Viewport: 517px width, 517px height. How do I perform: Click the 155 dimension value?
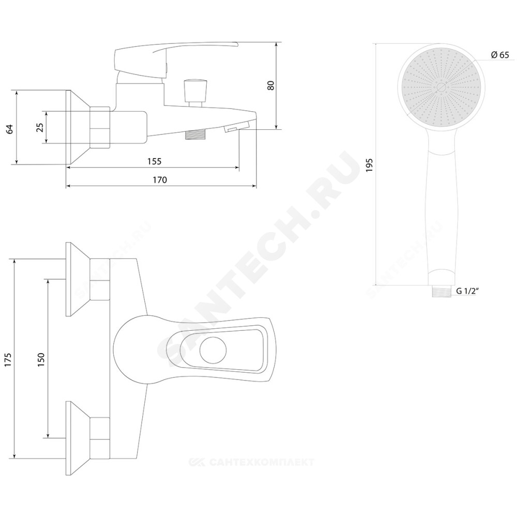[154, 161]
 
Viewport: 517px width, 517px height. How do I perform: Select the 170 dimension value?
[160, 180]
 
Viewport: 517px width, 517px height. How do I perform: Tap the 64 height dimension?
[10, 129]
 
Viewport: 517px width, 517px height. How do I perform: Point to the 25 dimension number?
[40, 127]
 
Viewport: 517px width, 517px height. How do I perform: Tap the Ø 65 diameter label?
[500, 55]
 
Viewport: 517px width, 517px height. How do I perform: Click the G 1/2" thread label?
[467, 291]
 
